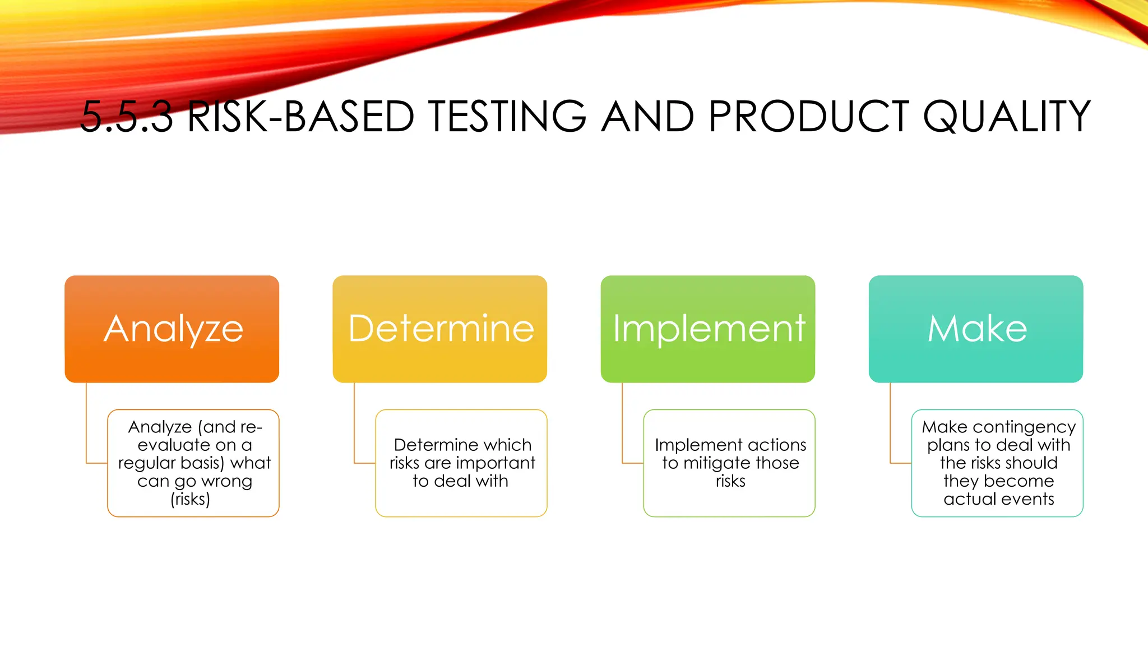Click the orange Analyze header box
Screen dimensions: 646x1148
pyautogui.click(x=172, y=329)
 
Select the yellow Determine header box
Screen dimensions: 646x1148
pyautogui.click(x=439, y=329)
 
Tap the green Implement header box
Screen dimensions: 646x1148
pyautogui.click(x=707, y=329)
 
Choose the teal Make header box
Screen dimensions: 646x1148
pyautogui.click(x=975, y=329)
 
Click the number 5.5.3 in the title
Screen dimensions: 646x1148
pyautogui.click(x=126, y=117)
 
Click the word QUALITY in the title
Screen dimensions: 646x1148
pyautogui.click(x=1006, y=117)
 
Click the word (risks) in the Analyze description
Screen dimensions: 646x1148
pyautogui.click(x=190, y=499)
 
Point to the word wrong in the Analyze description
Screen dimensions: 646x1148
pyautogui.click(x=226, y=481)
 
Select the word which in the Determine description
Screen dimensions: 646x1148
pyautogui.click(x=509, y=445)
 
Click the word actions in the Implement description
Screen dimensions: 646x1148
pyautogui.click(x=776, y=445)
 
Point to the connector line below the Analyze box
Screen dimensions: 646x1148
pyautogui.click(x=86, y=426)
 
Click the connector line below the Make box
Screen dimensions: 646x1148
pyautogui.click(x=890, y=426)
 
